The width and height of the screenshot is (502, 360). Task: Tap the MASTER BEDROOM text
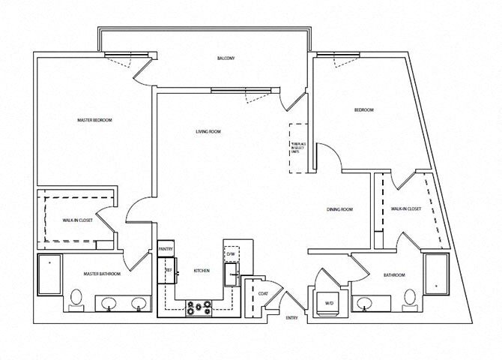(x=95, y=120)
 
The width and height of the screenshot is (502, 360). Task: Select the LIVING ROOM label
(x=208, y=132)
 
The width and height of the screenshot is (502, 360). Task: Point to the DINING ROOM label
(x=339, y=209)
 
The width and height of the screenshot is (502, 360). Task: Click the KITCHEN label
(x=201, y=270)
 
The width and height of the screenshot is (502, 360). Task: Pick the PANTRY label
(x=166, y=250)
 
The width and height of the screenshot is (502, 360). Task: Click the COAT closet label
(x=264, y=293)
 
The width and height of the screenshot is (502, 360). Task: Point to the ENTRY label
(x=291, y=319)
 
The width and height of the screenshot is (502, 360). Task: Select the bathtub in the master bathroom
(x=51, y=275)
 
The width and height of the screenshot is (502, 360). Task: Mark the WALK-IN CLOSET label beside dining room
(x=406, y=209)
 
